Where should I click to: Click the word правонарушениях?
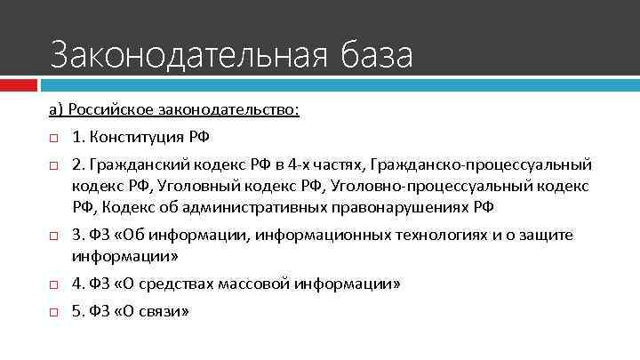coord(405,208)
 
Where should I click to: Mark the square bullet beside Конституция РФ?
coord(53,139)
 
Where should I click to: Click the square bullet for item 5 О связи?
coord(53,313)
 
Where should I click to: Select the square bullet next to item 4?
coord(53,285)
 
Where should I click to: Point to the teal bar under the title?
coord(338,85)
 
